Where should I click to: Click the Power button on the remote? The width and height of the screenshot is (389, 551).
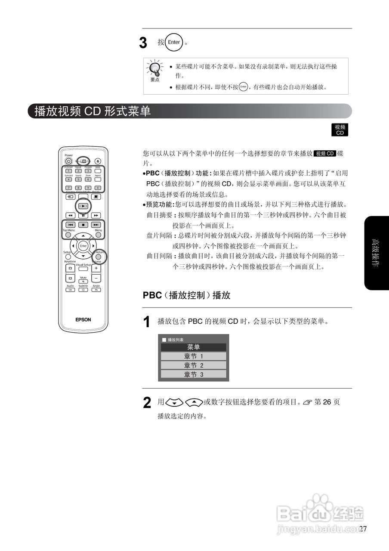point(68,161)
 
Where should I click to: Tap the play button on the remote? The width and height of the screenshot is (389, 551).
point(83,206)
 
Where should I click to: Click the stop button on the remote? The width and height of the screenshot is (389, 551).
point(83,224)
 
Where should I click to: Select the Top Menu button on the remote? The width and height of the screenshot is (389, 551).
point(68,235)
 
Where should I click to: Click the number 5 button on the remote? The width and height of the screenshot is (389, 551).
point(78,179)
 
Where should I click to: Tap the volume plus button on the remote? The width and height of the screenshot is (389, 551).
point(96,268)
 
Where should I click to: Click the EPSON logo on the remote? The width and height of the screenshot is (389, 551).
point(83,319)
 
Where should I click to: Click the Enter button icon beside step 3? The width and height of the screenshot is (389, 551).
point(174,42)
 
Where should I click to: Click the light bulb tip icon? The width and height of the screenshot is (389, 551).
point(155,69)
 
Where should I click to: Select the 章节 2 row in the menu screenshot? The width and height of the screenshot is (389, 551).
point(193,365)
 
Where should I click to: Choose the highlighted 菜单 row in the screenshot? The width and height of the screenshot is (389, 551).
point(193,347)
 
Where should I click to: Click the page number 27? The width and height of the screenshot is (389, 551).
point(363,529)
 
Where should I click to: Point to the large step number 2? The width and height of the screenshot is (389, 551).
point(147,403)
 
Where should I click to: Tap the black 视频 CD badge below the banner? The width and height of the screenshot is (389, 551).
point(340,130)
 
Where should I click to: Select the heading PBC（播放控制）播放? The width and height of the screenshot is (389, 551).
point(186,295)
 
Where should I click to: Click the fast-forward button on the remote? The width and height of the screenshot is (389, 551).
point(96,215)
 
